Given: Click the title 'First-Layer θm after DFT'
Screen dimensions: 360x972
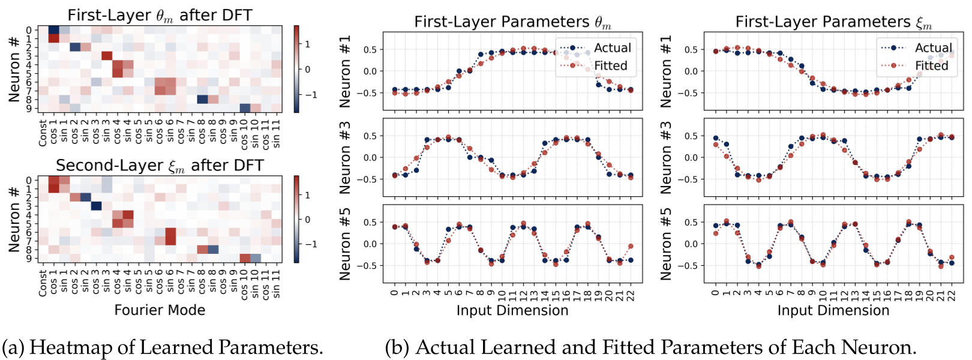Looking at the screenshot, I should (x=160, y=15).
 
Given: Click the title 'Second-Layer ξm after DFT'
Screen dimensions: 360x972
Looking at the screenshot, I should (x=160, y=165).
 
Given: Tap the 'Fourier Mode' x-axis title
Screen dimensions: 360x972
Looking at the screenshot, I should (x=160, y=310).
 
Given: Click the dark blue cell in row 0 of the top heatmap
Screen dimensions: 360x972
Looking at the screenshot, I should (x=53, y=30).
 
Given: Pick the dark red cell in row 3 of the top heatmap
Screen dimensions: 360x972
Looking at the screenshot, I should (x=107, y=56).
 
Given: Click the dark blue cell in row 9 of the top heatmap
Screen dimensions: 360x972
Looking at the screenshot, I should (x=244, y=108).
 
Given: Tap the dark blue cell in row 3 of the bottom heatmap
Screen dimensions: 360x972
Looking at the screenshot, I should (x=96, y=206).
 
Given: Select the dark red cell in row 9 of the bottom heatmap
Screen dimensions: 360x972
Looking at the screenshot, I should (x=244, y=258).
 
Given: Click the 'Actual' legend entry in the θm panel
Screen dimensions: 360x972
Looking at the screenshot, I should (x=612, y=48).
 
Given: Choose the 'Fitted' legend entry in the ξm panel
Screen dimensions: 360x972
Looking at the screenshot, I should (x=931, y=65).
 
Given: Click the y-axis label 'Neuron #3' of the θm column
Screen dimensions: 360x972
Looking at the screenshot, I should (x=345, y=158).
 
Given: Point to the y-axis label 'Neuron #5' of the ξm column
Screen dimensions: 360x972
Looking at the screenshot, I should (x=666, y=244).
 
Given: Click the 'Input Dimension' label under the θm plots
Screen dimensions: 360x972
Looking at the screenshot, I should (x=512, y=310).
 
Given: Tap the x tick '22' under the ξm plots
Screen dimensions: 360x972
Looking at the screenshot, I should (x=952, y=295).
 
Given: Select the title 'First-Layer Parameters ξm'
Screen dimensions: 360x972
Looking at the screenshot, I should (x=833, y=22).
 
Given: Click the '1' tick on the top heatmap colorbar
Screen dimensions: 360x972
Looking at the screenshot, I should (x=308, y=44).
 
